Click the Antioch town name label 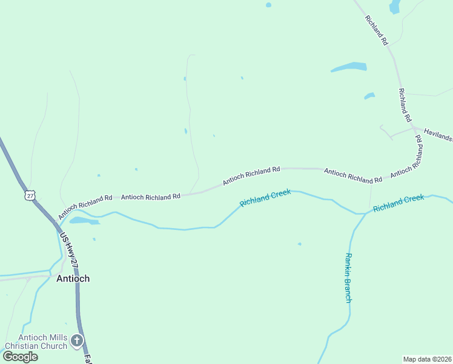(73, 278)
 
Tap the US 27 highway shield (30, 195)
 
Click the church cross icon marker (76, 341)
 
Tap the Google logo (20, 357)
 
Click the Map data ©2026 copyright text (426, 359)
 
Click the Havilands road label (437, 134)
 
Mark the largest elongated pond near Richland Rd (349, 67)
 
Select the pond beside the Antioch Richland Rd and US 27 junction (84, 221)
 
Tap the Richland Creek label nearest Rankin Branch (398, 203)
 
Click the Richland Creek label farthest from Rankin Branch (265, 198)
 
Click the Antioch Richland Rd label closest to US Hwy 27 (85, 207)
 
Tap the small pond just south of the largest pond (369, 96)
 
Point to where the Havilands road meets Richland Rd (414, 128)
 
